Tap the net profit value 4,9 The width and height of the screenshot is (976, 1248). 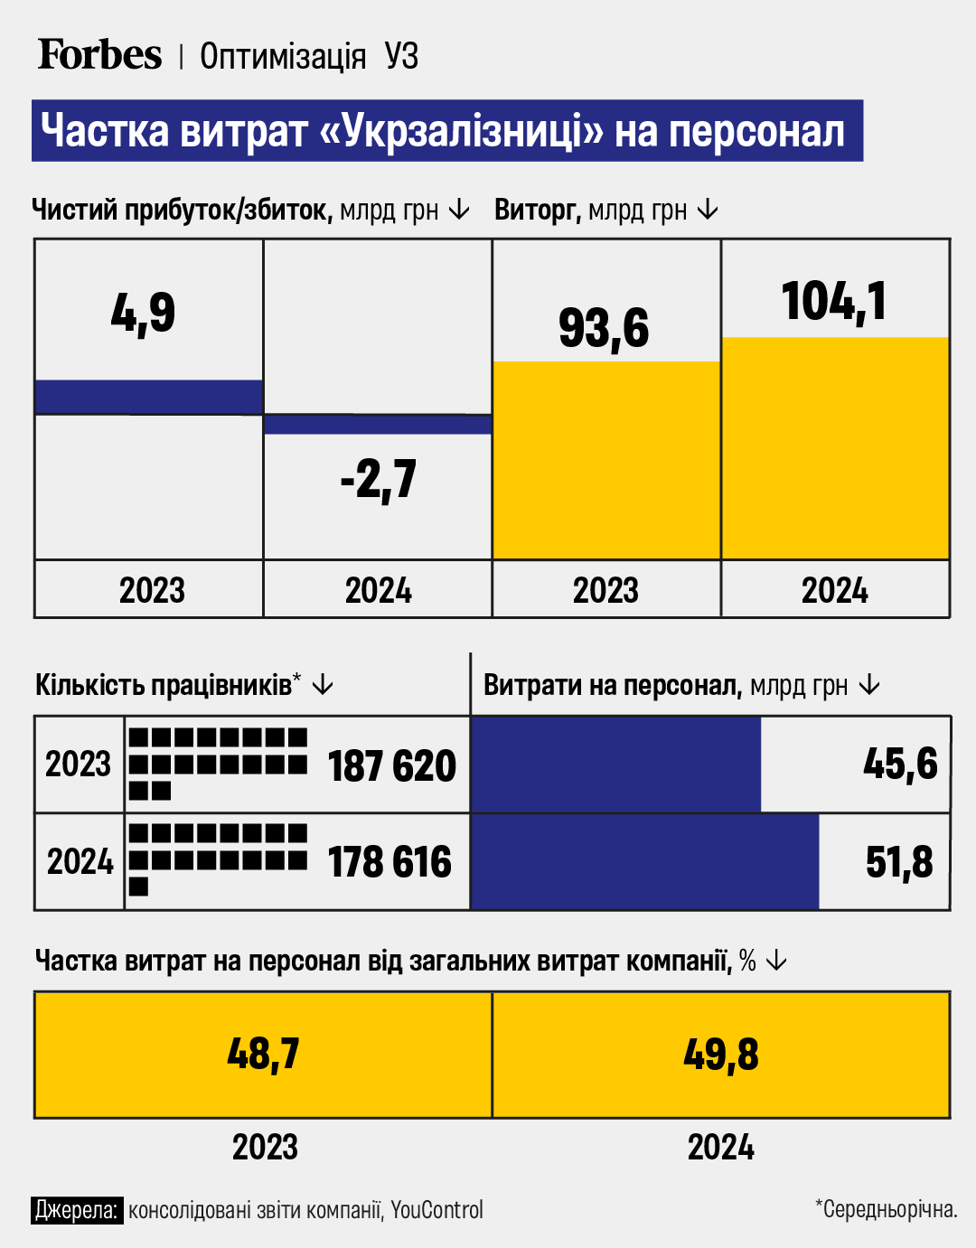[x=143, y=314]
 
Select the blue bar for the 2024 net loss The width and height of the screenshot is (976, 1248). [x=378, y=425]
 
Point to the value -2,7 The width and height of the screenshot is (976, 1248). [x=379, y=479]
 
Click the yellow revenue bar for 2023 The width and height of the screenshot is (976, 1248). [x=605, y=461]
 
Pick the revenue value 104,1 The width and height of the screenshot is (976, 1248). [x=834, y=301]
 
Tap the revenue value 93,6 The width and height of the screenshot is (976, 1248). [x=604, y=327]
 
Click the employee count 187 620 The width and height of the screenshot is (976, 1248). [x=391, y=766]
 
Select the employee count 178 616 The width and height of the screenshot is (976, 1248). [x=389, y=862]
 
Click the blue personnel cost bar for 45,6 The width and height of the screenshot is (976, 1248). [x=615, y=765]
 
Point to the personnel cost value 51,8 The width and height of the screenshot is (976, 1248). [x=899, y=862]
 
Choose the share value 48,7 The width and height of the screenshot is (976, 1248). [x=263, y=1054]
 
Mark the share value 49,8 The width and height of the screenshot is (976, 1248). [x=720, y=1054]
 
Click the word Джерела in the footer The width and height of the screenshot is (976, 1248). [x=77, y=1210]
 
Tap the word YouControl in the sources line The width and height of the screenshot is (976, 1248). [x=437, y=1210]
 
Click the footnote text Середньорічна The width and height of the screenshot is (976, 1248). [x=889, y=1209]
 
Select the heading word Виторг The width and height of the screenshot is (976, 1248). [x=536, y=211]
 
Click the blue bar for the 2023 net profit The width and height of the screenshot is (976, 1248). [x=148, y=397]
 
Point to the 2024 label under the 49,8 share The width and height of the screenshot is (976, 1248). [x=720, y=1148]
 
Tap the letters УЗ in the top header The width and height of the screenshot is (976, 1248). [x=401, y=56]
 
